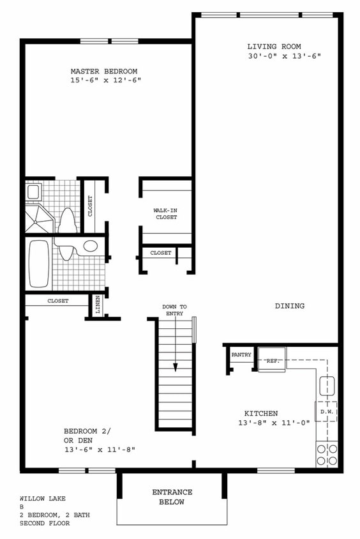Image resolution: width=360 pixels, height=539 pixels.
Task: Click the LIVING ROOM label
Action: point(274,46)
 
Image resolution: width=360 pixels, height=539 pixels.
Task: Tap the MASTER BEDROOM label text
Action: point(103,71)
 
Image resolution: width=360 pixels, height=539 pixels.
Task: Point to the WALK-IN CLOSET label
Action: point(165,214)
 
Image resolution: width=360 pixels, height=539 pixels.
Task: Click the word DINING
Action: point(289,306)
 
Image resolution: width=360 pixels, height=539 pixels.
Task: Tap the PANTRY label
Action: point(241,354)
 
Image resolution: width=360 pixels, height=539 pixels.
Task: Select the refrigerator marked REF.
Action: point(273,361)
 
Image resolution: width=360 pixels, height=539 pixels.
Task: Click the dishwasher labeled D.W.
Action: point(326,411)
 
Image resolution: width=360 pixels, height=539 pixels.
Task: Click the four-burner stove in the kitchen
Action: point(327,454)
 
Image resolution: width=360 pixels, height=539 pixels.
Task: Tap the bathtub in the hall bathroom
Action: point(39,263)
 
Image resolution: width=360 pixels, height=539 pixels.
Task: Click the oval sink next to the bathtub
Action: point(91,246)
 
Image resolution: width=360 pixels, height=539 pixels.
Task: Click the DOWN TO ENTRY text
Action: point(174,310)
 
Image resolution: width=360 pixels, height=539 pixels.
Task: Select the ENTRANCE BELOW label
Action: point(172,497)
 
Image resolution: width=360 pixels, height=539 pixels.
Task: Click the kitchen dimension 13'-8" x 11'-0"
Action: point(267,423)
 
